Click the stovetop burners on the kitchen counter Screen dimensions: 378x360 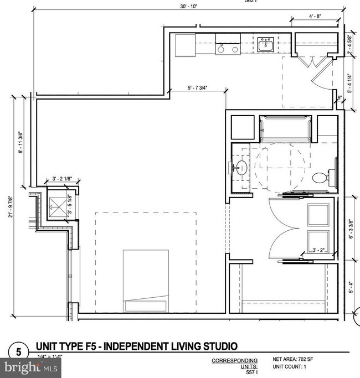[x=228, y=49]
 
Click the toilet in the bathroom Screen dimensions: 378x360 [x=321, y=177]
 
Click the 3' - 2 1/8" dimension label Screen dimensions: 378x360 [x=62, y=179]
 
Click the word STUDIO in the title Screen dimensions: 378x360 [x=217, y=347]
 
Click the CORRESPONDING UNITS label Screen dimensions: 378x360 [x=235, y=364]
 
